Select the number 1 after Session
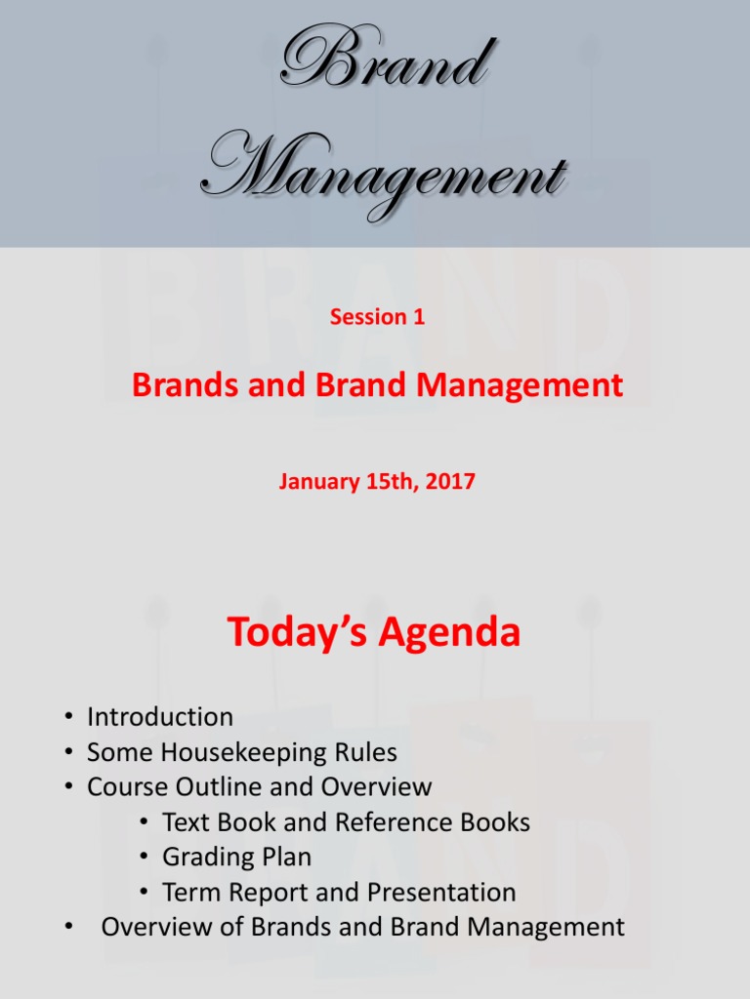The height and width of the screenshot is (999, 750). coord(419,316)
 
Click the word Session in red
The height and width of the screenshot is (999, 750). coord(367,316)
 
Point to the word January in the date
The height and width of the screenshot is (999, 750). coord(314,481)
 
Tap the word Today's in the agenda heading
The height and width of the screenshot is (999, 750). coord(297,632)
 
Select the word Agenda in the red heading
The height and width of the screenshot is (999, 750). coord(449,632)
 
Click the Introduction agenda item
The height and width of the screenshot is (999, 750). coord(160,717)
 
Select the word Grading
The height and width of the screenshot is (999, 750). coord(207,858)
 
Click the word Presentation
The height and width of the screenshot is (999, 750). coord(445,892)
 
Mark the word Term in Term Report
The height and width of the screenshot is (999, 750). coord(186,892)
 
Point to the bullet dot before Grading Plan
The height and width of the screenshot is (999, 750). coord(145,858)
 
